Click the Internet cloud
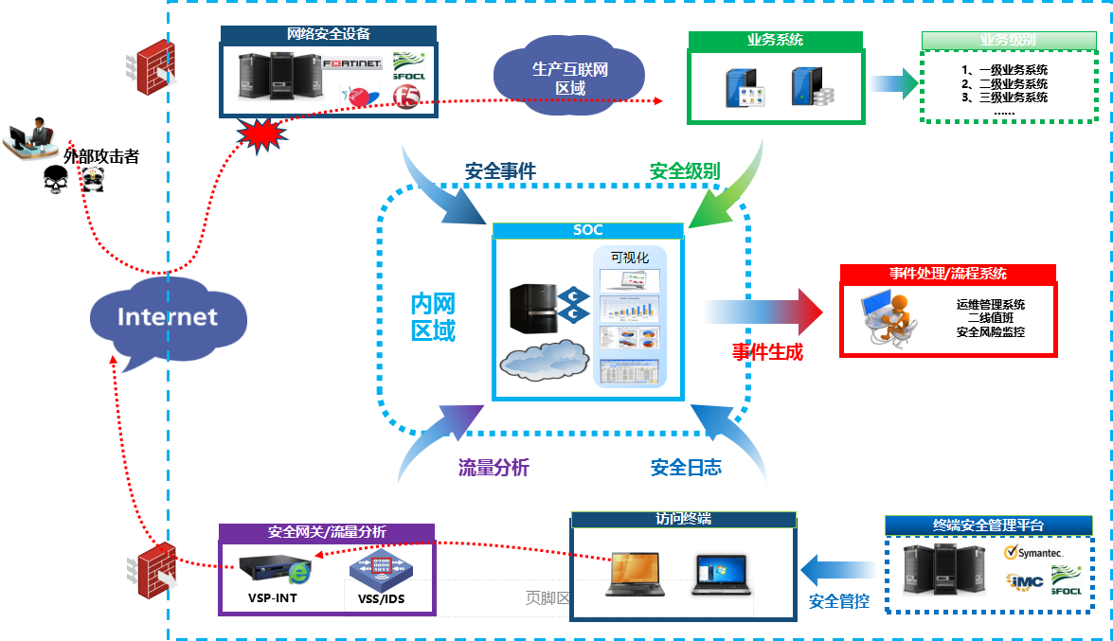point(168,317)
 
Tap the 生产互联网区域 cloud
point(569,79)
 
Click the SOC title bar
point(587,230)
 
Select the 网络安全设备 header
point(329,34)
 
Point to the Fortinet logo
point(352,63)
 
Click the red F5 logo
point(407,97)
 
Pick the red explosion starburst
point(261,134)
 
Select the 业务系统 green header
point(775,41)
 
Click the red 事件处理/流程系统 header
point(947,274)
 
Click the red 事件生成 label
point(767,353)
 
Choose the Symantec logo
point(1033,552)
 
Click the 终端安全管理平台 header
point(988,525)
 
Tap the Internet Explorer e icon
point(299,571)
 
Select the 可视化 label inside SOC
point(629,258)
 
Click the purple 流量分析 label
point(494,467)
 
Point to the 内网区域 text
point(433,316)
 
